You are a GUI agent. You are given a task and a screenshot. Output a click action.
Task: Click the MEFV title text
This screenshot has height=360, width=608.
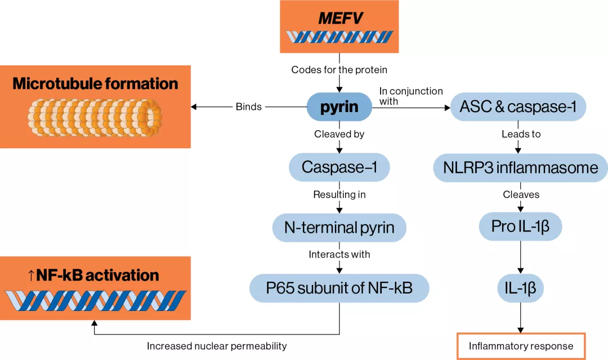[x=339, y=18]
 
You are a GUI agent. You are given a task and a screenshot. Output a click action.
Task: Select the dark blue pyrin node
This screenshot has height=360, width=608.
[x=339, y=107]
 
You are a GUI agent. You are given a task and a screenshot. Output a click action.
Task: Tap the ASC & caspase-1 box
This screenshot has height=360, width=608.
[x=517, y=107]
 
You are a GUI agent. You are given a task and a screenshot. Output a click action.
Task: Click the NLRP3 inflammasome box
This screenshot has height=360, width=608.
[x=521, y=167]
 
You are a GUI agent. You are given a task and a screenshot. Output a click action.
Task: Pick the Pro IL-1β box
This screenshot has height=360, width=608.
[x=520, y=227]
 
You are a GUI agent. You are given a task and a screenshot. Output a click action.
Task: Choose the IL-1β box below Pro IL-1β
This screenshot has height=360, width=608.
[x=520, y=289]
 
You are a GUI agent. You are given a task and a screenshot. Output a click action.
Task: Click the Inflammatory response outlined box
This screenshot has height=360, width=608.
[x=521, y=346]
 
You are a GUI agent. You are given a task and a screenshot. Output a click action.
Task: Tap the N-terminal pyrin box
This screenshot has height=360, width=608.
[x=339, y=228]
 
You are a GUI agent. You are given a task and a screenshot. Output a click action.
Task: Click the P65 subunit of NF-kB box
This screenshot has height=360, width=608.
[x=339, y=288]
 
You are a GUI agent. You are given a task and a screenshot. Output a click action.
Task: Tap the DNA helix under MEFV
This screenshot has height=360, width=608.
[x=339, y=38]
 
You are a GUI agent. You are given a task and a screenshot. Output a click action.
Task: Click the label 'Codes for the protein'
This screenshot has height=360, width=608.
[x=339, y=70]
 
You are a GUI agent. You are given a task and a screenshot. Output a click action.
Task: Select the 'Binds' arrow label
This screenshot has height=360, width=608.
[x=249, y=107]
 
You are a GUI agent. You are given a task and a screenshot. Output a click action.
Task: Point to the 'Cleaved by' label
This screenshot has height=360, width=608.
[x=339, y=134]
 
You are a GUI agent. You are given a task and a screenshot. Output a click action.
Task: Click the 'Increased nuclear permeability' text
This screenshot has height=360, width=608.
[x=217, y=346]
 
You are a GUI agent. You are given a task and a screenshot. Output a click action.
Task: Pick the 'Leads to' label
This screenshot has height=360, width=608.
[x=520, y=134]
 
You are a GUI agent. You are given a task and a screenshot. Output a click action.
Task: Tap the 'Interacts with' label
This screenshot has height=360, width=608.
[x=339, y=255]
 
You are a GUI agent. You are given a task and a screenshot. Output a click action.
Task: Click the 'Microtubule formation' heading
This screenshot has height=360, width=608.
[x=95, y=84]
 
